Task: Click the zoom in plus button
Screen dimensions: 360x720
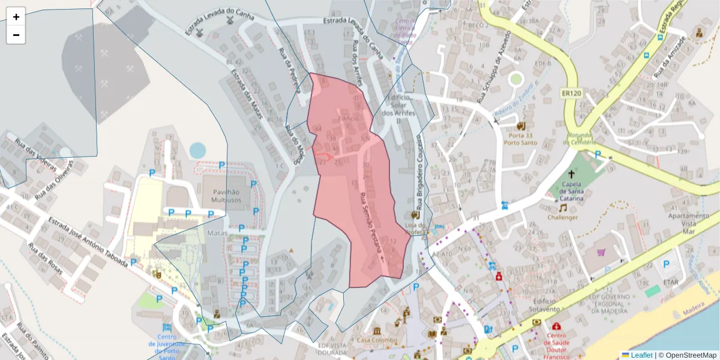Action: pos(16,17)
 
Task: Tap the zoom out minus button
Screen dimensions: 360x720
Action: pos(16,35)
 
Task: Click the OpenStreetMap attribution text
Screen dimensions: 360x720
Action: pos(687,355)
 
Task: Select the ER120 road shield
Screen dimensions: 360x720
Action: pos(572,94)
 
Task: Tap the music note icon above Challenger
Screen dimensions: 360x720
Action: pos(563,208)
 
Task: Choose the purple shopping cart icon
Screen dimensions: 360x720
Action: pos(601,253)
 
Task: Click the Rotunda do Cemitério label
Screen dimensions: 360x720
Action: pos(580,139)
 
